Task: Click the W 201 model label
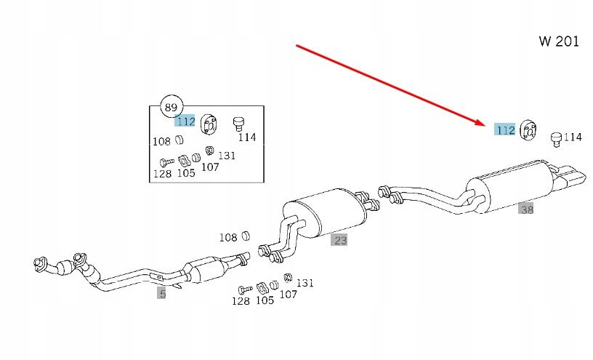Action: (559, 41)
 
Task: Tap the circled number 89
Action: (172, 107)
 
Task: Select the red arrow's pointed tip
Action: (485, 124)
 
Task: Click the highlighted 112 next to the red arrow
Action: (505, 130)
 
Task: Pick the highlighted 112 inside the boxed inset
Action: (185, 121)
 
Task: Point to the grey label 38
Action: (526, 209)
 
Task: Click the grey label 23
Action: (339, 240)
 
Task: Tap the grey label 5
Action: (162, 293)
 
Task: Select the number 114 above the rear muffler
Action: (573, 137)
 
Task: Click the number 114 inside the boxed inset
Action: (247, 137)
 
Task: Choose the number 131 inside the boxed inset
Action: (227, 155)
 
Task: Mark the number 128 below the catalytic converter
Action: (241, 301)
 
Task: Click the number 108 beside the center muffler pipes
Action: (228, 237)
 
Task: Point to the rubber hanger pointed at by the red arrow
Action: (528, 129)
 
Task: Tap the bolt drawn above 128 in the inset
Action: (166, 162)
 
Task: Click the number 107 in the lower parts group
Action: (289, 294)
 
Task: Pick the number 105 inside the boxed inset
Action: (186, 173)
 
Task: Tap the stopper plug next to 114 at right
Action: (556, 140)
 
